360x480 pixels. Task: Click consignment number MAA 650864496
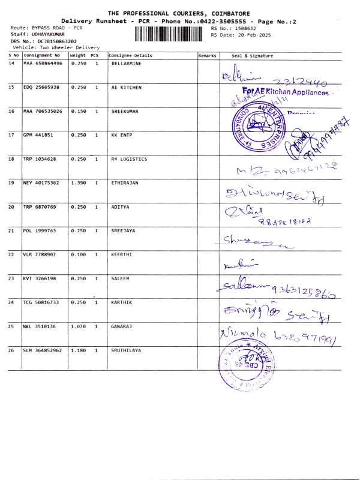[x=43, y=63]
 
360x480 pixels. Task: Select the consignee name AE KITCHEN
[x=127, y=87]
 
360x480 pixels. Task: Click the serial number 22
[x=11, y=254]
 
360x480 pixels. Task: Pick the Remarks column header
[x=207, y=56]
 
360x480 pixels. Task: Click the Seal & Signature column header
[x=252, y=56]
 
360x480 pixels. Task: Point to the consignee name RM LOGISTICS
[x=129, y=159]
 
